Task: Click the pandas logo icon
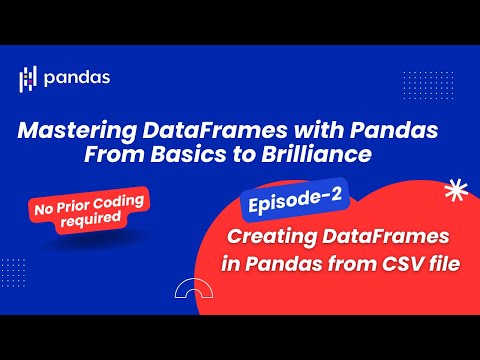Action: (x=29, y=78)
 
